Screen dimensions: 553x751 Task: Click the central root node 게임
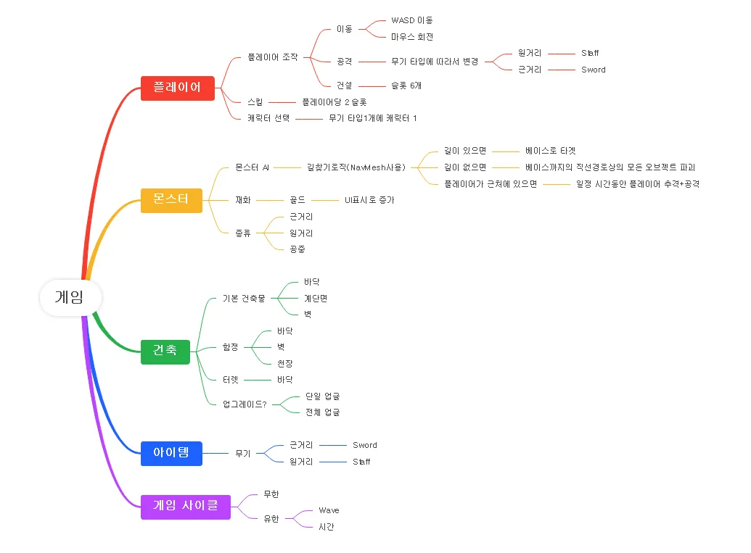pos(70,297)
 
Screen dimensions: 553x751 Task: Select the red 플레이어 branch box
pos(178,88)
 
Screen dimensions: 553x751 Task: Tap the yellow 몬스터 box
pos(171,199)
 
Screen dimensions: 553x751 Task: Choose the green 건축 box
pos(165,351)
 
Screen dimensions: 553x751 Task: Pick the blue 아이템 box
pos(171,453)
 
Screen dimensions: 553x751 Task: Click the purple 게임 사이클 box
pos(186,506)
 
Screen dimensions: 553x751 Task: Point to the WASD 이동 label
pos(411,20)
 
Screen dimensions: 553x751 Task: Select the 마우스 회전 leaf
pos(412,36)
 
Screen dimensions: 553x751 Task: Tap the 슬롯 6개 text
pos(406,86)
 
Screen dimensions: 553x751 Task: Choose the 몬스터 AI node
pos(253,167)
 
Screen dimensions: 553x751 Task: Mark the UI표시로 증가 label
pos(369,199)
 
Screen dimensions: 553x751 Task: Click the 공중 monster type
pos(297,249)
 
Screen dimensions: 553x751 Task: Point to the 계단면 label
pos(316,298)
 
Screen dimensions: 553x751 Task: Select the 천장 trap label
pos(284,363)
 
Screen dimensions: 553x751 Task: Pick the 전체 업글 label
pos(322,412)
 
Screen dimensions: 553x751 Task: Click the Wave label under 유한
pos(329,510)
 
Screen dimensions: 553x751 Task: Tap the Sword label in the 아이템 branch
pos(365,445)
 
